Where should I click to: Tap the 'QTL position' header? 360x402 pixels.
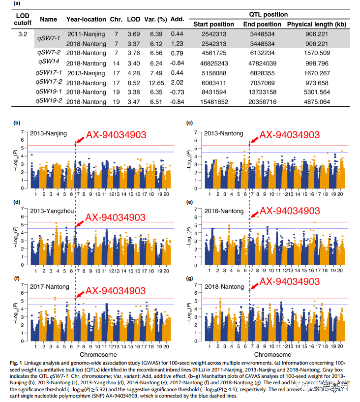(x=266, y=14)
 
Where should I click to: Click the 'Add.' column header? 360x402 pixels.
(x=176, y=20)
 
